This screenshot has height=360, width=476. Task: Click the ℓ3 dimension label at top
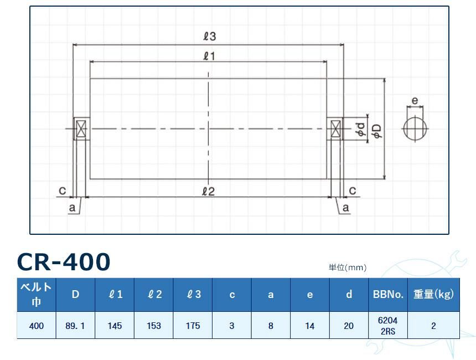209,37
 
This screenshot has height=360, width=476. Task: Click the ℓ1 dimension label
209,55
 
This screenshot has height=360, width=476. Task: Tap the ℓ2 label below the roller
208,192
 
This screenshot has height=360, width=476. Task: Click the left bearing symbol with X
81,129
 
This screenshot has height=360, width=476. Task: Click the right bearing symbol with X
335,129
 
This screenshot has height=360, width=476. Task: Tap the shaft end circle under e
415,129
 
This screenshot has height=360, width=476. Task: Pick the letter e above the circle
415,101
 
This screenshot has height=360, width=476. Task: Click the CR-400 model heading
64,261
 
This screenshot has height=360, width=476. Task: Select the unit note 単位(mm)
348,268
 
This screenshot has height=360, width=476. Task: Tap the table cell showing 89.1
75,326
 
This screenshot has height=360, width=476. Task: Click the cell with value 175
193,326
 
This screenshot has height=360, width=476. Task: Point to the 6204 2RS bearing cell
387,326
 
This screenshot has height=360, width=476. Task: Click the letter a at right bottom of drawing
346,208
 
